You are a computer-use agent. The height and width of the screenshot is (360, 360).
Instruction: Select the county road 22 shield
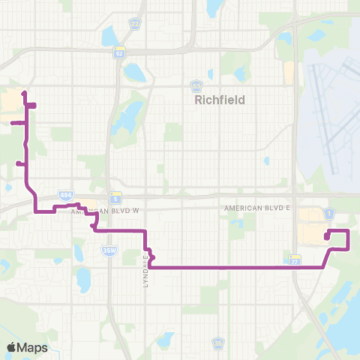tap(134, 24)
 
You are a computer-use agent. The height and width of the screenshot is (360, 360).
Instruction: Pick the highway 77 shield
tap(295, 259)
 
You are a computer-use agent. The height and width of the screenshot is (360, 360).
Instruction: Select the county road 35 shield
tap(217, 343)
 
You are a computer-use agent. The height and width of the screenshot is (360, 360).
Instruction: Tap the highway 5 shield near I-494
tap(115, 198)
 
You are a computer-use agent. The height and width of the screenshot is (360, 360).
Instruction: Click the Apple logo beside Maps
tap(13, 347)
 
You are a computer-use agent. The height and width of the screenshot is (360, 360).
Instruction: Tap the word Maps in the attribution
tap(33, 347)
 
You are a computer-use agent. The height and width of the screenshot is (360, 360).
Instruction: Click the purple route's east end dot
tap(327, 237)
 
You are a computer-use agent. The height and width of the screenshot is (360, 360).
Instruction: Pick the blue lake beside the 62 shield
tap(136, 72)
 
